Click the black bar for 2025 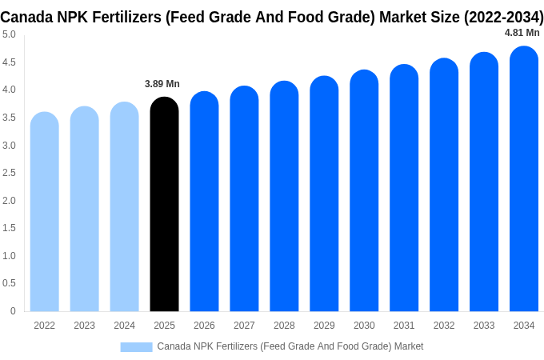(164, 204)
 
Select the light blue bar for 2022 (44, 212)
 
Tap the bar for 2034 (524, 179)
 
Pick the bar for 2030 (364, 191)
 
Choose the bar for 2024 (124, 207)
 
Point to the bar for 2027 (244, 199)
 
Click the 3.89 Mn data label (162, 84)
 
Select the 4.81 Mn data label (522, 33)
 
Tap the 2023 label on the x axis (84, 326)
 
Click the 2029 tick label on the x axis (324, 326)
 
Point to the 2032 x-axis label (444, 326)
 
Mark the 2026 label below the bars (204, 326)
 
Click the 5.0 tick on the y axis (9, 34)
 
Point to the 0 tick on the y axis (13, 311)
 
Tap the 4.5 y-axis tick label (9, 62)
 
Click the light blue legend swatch (136, 346)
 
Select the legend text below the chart (290, 346)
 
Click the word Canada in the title (27, 17)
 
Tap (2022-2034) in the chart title (503, 17)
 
